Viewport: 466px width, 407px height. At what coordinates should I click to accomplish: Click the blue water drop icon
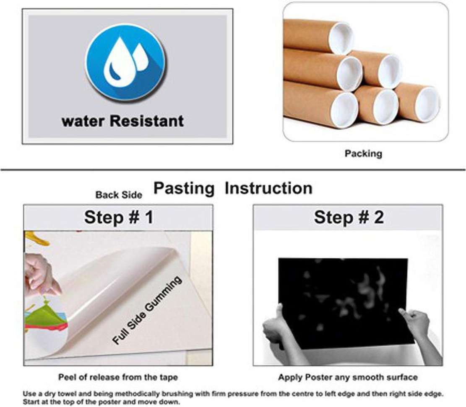(125, 63)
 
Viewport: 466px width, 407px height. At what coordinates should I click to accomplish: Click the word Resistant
(147, 121)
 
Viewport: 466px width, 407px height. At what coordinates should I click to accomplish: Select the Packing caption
(363, 154)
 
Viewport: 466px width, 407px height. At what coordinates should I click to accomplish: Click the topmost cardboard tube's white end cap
(341, 38)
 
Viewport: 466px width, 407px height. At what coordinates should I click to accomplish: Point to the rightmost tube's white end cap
(427, 104)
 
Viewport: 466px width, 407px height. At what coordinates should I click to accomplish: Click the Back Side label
(119, 195)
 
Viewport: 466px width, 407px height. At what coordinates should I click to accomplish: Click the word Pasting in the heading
(184, 188)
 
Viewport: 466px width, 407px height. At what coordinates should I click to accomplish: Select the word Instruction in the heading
(268, 188)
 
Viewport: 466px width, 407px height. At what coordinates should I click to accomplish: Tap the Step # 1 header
(119, 217)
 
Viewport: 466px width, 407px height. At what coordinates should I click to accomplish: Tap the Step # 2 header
(349, 217)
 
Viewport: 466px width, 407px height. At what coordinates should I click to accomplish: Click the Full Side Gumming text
(147, 310)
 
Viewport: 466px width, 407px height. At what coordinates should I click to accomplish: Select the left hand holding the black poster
(277, 327)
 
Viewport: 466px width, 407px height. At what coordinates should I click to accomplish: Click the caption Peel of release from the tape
(118, 377)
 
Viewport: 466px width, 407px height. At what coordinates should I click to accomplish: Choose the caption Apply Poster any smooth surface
(348, 377)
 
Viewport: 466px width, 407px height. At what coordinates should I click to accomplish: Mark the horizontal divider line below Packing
(233, 170)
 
